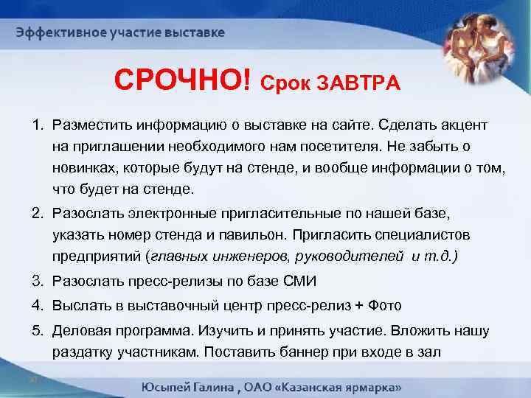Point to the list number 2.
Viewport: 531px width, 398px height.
[x=35, y=213]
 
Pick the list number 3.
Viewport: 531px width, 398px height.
[x=35, y=281]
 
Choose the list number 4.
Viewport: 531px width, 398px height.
[x=35, y=306]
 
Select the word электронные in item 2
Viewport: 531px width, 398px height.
[x=150, y=213]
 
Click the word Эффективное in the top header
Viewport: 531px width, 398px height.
[x=60, y=33]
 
